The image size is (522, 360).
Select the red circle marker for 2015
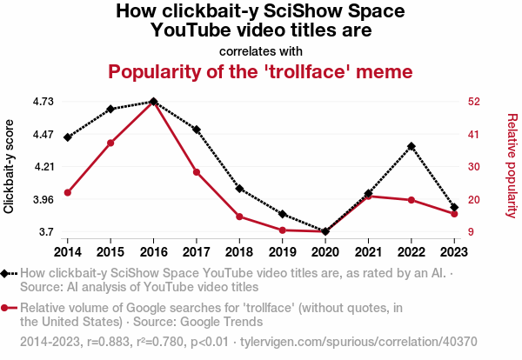coord(110,142)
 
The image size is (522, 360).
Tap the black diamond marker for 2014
coord(67,137)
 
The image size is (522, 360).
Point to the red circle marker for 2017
coord(197,172)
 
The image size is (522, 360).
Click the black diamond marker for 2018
coord(239,189)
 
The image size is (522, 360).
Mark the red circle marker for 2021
coord(368,197)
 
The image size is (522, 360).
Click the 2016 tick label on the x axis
coord(153,251)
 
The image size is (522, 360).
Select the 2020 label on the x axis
coord(325,251)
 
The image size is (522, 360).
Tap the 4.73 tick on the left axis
coord(43,102)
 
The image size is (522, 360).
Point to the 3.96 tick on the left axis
coord(43,200)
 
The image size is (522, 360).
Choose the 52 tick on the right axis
coord(472,102)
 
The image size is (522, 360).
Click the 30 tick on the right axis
coord(472,167)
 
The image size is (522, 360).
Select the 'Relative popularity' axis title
coord(512,165)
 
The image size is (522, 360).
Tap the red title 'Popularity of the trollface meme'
coord(260,70)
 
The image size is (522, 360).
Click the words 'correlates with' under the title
coord(260,50)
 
